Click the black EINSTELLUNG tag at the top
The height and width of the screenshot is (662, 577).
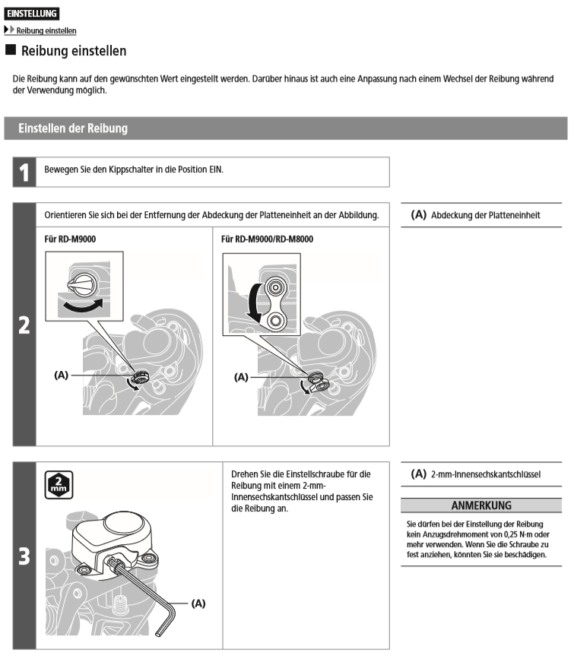click(31, 14)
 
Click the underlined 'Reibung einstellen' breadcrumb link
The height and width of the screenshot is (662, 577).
click(46, 30)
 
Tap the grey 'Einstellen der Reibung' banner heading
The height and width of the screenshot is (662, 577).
click(73, 128)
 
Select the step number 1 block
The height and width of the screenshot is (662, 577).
click(24, 172)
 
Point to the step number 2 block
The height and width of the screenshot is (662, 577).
click(24, 324)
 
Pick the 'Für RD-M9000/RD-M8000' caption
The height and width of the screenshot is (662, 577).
click(267, 239)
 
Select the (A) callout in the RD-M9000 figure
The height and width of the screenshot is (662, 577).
click(63, 375)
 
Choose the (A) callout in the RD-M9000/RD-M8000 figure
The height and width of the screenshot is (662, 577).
click(241, 376)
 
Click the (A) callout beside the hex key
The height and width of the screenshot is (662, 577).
click(197, 603)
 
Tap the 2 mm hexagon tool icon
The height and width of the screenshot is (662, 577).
click(57, 486)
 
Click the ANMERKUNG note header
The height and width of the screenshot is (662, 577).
click(480, 505)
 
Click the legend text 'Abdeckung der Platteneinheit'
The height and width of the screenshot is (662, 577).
click(485, 215)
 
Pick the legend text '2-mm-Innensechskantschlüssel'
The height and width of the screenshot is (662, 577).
click(485, 474)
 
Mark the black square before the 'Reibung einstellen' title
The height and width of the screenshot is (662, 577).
click(10, 51)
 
